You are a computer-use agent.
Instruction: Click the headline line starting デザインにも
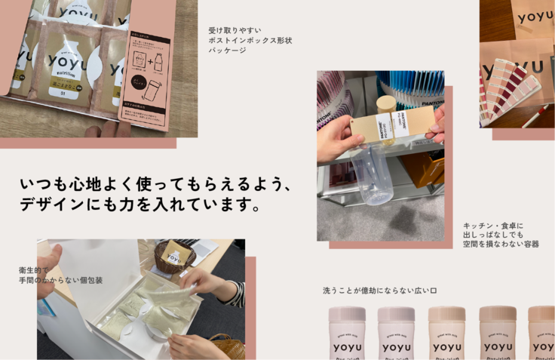(140, 205)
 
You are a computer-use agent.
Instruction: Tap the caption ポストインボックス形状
(250, 41)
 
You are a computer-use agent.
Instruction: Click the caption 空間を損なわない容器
(501, 245)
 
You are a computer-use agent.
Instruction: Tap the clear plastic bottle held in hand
(372, 174)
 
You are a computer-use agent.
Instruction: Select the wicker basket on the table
(174, 257)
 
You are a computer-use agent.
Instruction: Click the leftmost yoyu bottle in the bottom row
(347, 333)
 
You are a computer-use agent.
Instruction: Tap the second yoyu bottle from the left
(396, 333)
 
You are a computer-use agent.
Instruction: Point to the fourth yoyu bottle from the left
(498, 333)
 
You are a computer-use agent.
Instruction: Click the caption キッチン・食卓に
(493, 225)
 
